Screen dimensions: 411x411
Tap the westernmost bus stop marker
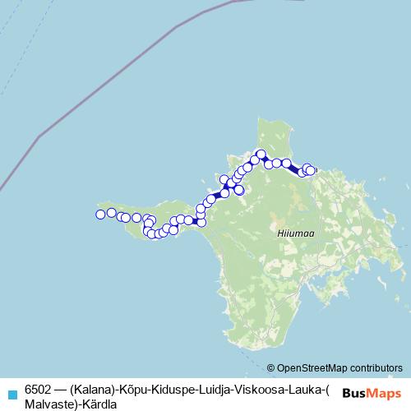tap(100, 215)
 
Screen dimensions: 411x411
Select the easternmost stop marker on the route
tap(311, 170)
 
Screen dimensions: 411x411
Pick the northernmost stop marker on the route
tap(261, 154)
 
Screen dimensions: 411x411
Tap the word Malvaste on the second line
tap(48, 404)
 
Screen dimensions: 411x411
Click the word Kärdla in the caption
tap(99, 404)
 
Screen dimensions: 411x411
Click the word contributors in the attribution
tap(375, 368)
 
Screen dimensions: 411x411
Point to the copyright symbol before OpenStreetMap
tap(271, 368)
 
